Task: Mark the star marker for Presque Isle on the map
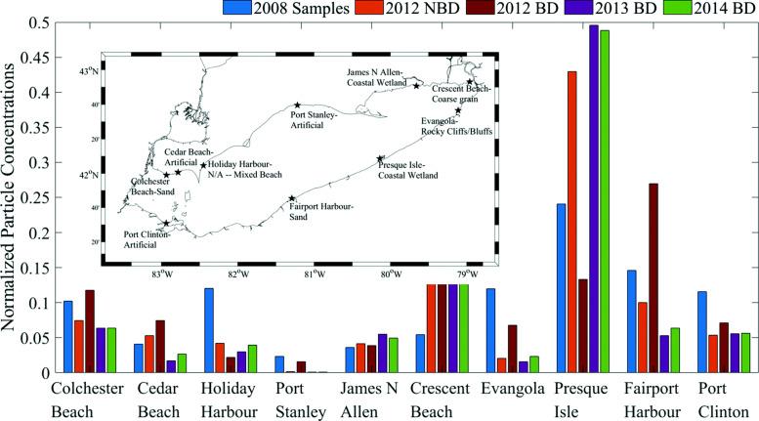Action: click(x=381, y=158)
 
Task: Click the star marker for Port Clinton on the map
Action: click(x=166, y=224)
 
